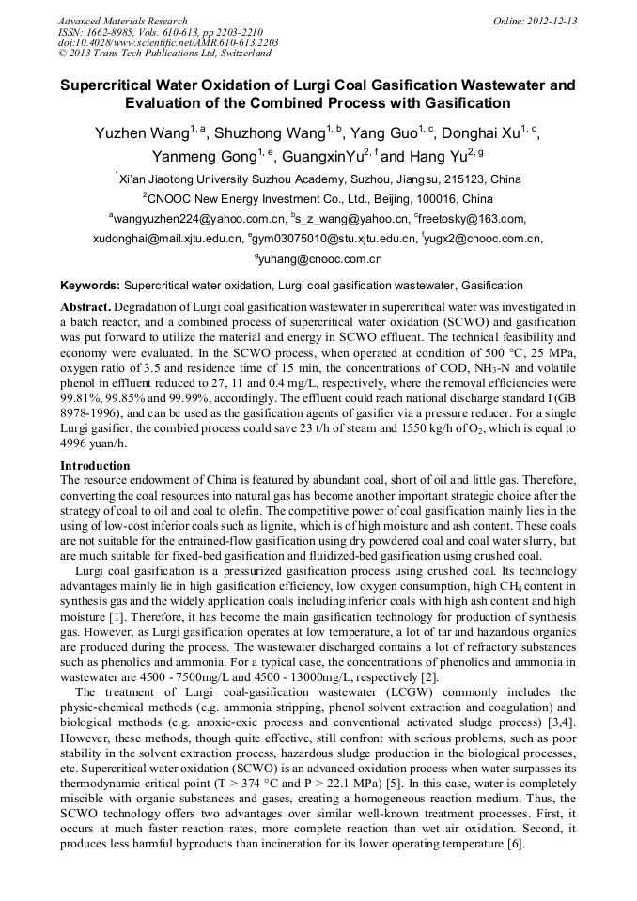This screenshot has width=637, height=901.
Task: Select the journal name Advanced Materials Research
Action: pos(122,21)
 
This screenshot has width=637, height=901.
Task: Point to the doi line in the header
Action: pos(168,43)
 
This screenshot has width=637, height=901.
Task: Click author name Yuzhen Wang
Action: pos(141,134)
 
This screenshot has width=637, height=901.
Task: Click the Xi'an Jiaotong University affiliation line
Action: pos(318,179)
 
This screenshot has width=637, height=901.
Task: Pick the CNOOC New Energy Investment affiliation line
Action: pos(318,199)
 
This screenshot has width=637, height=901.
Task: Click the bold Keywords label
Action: pos(90,285)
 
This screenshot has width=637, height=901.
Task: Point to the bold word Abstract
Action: pos(86,307)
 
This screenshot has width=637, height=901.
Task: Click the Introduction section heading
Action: pos(95,466)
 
